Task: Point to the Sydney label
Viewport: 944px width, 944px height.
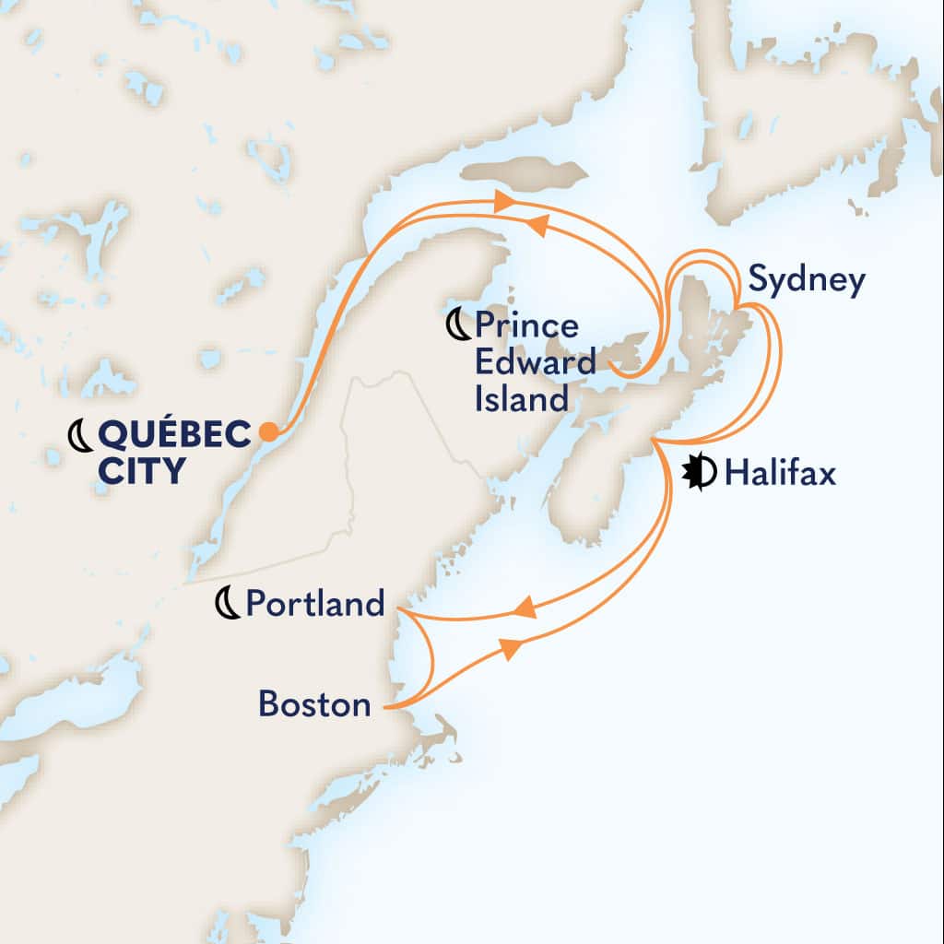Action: [807, 281]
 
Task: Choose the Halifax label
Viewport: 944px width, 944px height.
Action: [780, 474]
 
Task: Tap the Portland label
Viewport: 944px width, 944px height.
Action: [314, 604]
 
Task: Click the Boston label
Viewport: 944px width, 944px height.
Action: [314, 705]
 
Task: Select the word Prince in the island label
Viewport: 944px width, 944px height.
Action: [527, 325]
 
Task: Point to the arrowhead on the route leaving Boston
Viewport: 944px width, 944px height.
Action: [510, 649]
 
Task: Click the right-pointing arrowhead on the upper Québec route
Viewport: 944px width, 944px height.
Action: [503, 201]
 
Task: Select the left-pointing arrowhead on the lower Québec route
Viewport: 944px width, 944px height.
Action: [537, 224]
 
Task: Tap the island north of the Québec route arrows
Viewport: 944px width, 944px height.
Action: [524, 173]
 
